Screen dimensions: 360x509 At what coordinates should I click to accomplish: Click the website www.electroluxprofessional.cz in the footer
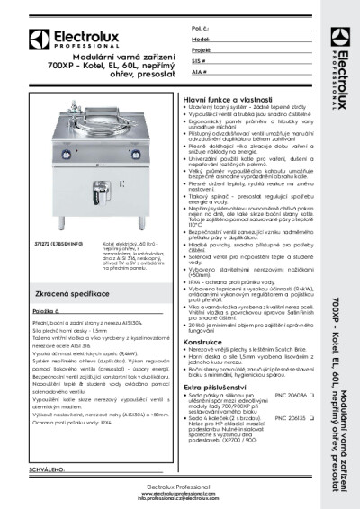coord(180,495)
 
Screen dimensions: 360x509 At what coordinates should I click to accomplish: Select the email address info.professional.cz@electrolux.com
coord(180,501)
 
